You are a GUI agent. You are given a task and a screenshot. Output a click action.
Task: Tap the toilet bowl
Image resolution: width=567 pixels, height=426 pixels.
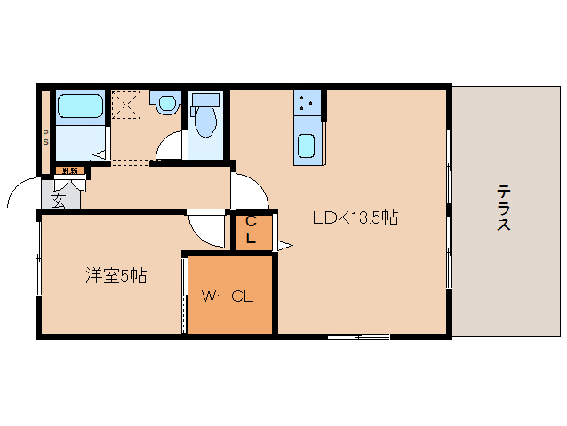[204, 122]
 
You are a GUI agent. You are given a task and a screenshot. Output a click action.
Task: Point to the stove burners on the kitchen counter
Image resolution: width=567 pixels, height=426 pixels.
[307, 104]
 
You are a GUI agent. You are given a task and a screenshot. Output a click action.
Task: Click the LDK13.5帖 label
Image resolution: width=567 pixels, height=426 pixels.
[354, 218]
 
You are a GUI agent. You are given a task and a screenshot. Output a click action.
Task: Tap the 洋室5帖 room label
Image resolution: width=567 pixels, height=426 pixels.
[116, 276]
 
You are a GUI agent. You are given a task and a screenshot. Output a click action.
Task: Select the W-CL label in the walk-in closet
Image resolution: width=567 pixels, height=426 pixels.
[228, 296]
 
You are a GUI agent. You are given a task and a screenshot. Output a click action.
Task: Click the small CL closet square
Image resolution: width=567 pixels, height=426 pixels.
[252, 230]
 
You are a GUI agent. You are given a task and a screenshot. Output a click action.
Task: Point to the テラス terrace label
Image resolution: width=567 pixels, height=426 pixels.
[504, 208]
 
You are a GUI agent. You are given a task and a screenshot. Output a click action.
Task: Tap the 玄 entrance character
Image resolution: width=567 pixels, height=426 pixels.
[59, 200]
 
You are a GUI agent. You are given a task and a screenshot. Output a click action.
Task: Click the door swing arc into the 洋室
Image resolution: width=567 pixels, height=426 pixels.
[207, 230]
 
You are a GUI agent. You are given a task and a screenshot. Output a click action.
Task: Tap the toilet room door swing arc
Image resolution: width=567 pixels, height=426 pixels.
[170, 146]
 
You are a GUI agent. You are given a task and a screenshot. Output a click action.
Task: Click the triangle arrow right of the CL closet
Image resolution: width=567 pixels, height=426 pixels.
[284, 245]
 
